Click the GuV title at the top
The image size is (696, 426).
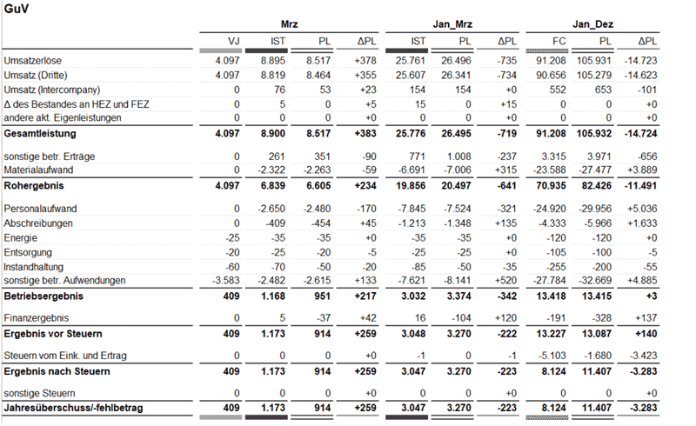pos(15,8)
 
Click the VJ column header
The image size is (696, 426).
pos(233,41)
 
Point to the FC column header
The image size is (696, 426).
pos(560,41)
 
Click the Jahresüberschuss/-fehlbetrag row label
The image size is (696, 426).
pos(73,408)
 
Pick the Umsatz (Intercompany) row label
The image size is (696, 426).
pos(52,90)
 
